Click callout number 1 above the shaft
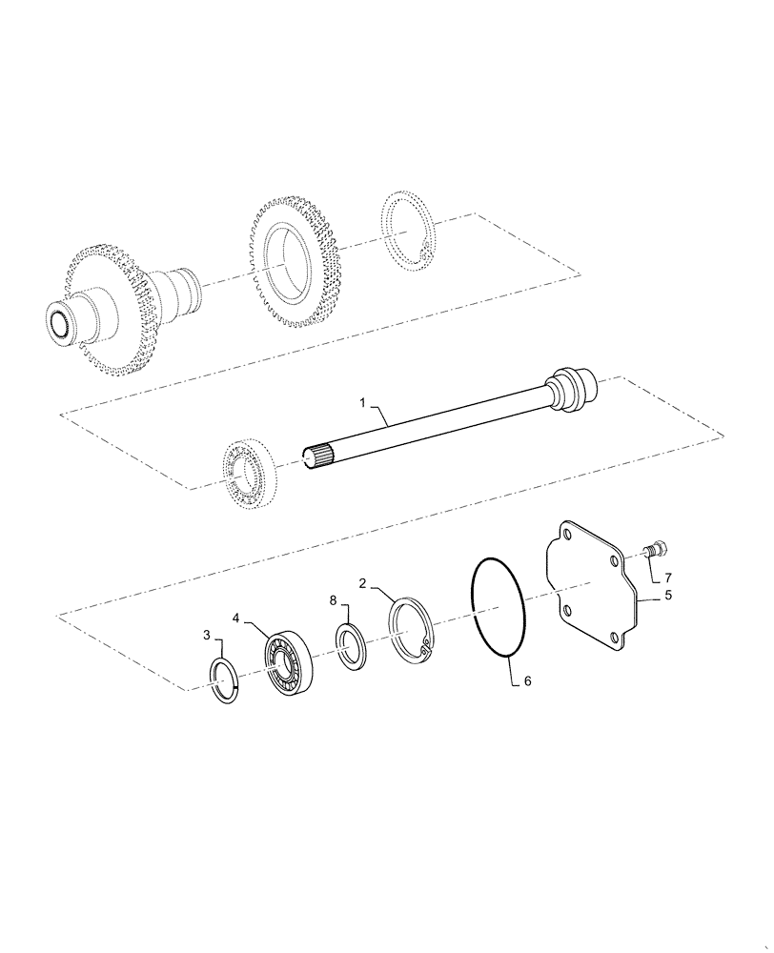[365, 403]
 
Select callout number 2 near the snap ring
[363, 582]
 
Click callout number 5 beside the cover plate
[667, 597]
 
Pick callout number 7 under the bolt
[667, 578]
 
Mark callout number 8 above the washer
[332, 602]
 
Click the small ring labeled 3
[226, 682]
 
